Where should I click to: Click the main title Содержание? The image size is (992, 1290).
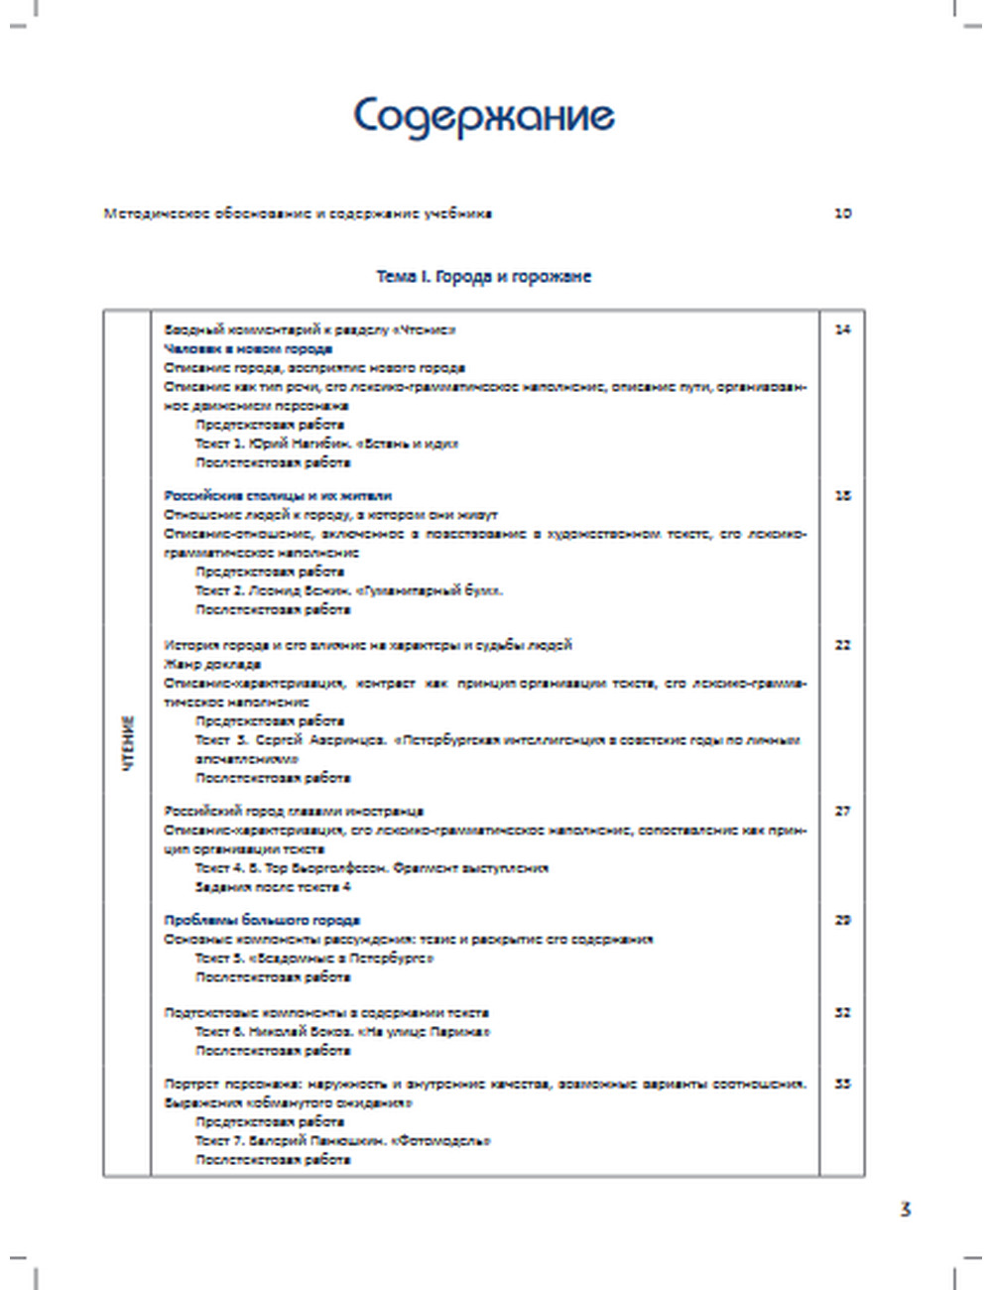(x=484, y=117)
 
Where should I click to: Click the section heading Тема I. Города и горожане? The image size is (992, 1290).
(x=483, y=277)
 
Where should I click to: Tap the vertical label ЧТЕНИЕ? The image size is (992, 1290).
(x=128, y=743)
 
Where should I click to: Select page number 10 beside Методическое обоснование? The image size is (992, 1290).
(x=842, y=213)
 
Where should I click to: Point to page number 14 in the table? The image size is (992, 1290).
(x=842, y=329)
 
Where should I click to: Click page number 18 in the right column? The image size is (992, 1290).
(x=842, y=495)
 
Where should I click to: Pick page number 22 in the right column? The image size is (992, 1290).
(x=842, y=645)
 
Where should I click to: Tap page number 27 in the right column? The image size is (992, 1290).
(x=842, y=811)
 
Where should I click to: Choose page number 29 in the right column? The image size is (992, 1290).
(x=842, y=920)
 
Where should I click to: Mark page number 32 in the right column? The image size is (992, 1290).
(x=842, y=1013)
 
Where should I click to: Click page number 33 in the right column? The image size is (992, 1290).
(x=842, y=1084)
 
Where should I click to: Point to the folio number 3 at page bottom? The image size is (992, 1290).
(x=905, y=1210)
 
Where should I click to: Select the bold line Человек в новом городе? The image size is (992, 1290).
(x=248, y=349)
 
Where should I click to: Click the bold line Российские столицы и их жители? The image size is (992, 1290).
(x=278, y=495)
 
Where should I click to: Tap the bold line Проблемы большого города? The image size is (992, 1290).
(x=262, y=920)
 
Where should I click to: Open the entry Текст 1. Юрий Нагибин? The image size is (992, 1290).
(x=326, y=444)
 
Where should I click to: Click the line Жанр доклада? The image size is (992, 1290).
(x=212, y=664)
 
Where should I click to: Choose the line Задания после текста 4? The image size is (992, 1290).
(x=273, y=886)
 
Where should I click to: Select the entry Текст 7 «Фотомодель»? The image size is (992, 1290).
(x=342, y=1140)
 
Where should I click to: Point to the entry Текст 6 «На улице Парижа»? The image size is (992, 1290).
(x=342, y=1032)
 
